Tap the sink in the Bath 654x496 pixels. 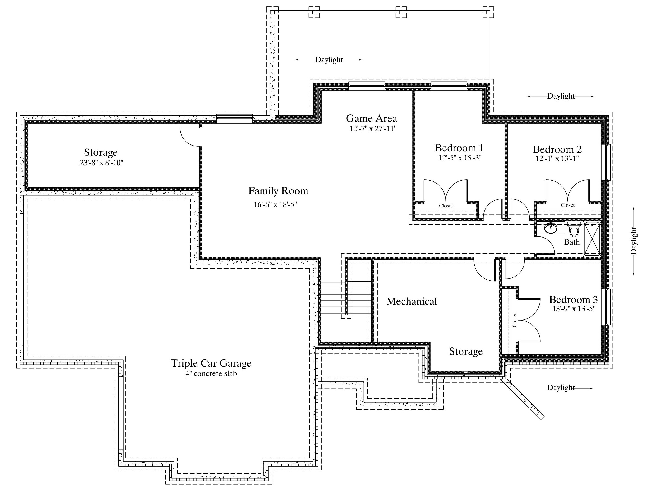coord(550,229)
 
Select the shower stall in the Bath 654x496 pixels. coord(592,239)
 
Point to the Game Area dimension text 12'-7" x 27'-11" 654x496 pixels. coord(373,129)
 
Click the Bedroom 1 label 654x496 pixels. coord(459,148)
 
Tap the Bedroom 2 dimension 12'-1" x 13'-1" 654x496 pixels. coord(557,158)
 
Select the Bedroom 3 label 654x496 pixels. coord(574,300)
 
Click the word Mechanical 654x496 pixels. coord(411,301)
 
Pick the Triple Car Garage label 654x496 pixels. coord(211,363)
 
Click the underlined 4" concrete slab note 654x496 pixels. coord(211,373)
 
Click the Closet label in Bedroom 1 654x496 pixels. coord(446,206)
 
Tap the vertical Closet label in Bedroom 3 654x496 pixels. coord(515,320)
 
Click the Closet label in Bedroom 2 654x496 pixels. coord(568,205)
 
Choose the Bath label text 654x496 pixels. coord(572,242)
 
